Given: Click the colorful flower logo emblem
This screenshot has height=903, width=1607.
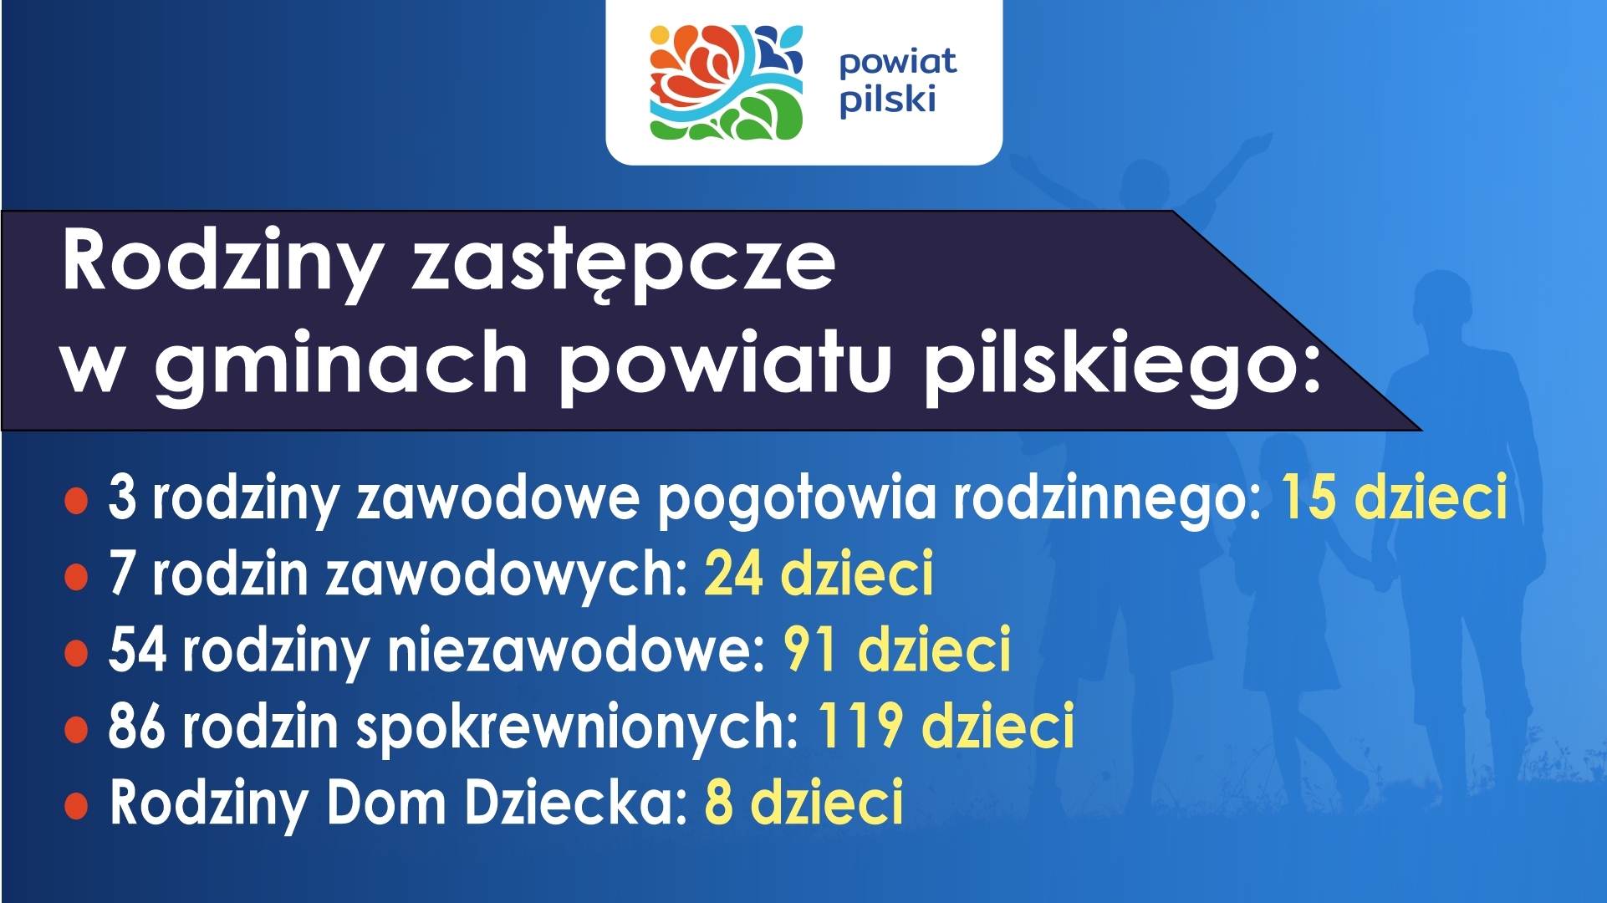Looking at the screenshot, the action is [726, 82].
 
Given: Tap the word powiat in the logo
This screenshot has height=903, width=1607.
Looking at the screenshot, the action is [898, 63].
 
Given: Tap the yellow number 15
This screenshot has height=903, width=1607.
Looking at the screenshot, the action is [1309, 497].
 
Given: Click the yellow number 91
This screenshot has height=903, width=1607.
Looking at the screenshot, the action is [809, 650].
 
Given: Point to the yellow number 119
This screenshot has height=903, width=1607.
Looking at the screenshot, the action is [860, 726].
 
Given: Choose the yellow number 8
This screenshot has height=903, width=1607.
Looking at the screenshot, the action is [719, 801].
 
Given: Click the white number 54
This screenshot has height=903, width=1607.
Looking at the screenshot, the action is [137, 650].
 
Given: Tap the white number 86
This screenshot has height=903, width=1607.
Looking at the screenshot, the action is [137, 726].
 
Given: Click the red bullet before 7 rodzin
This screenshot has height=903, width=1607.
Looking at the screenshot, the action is [76, 577].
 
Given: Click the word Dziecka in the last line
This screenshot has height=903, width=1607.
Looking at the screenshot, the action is [576, 801].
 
